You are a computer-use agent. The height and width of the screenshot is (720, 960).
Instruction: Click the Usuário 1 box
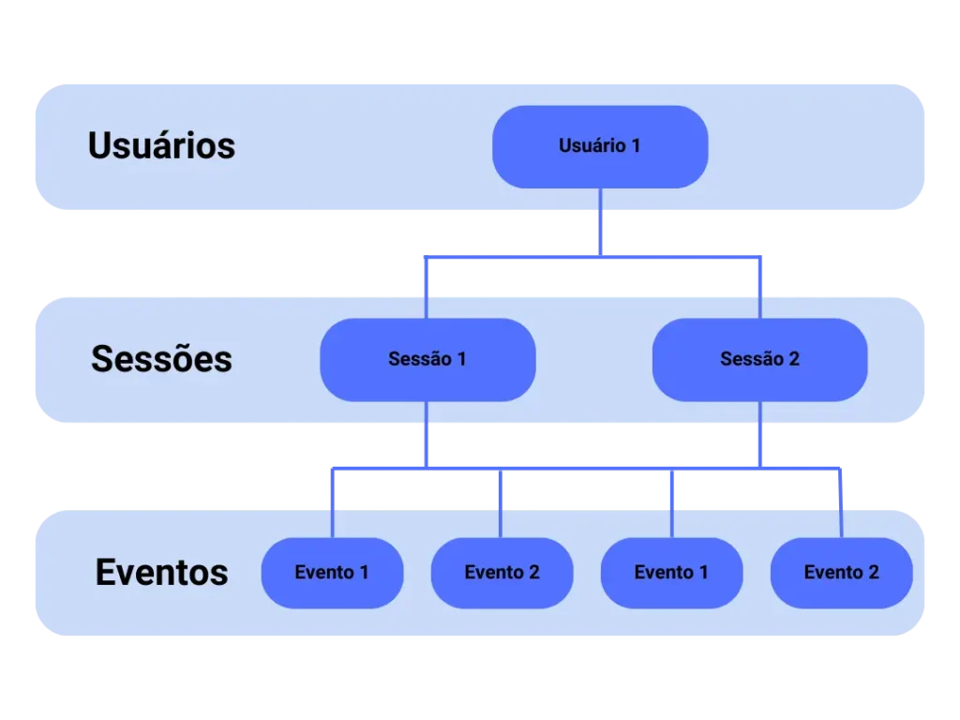(600, 146)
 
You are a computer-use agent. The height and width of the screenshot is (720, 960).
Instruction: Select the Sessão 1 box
(427, 359)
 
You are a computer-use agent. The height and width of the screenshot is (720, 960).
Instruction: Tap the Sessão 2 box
(759, 359)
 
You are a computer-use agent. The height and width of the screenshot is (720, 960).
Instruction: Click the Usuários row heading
(161, 145)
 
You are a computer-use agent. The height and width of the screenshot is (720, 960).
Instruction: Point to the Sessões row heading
(161, 358)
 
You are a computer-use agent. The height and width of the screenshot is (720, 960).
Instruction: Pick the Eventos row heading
(161, 572)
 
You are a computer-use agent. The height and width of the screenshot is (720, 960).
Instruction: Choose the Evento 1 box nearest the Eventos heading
(332, 572)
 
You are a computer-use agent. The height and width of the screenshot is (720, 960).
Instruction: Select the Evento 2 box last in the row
(841, 572)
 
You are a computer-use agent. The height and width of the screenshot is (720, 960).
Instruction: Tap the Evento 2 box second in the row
(502, 572)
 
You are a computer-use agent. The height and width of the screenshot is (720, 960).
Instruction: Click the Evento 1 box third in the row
(671, 572)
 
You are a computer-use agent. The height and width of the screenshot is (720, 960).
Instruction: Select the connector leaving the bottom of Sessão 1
(427, 433)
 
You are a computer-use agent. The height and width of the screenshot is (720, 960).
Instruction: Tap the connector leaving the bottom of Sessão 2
(759, 433)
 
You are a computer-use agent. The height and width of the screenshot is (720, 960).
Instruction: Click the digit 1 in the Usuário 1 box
(636, 146)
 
